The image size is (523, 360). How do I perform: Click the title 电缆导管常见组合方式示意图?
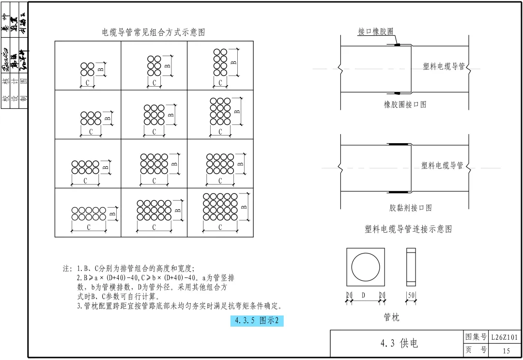click(x=154, y=32)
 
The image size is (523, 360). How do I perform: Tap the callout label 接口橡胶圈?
click(x=375, y=31)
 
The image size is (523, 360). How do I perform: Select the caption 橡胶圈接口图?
click(x=405, y=105)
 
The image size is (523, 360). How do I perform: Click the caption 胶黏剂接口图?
click(x=410, y=208)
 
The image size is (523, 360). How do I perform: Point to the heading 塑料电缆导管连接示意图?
click(x=408, y=229)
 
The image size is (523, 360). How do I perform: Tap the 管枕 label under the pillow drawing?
click(x=391, y=317)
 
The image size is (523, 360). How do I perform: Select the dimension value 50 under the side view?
click(x=411, y=295)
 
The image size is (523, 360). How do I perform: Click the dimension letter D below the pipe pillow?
click(x=363, y=295)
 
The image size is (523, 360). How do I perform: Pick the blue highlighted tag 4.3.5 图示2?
click(x=257, y=320)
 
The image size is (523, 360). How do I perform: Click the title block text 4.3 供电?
click(x=399, y=344)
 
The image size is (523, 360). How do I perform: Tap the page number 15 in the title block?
click(x=506, y=351)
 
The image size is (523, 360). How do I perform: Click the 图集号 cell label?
click(x=476, y=337)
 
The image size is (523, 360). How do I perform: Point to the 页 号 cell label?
click(x=476, y=350)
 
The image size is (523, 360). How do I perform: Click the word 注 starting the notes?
click(x=66, y=269)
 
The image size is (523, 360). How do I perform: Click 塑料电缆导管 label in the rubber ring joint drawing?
click(x=444, y=66)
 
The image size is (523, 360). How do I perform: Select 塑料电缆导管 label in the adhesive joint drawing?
click(x=442, y=165)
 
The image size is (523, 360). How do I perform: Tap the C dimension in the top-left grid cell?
click(x=87, y=83)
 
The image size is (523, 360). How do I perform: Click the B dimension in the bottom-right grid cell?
click(x=244, y=207)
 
